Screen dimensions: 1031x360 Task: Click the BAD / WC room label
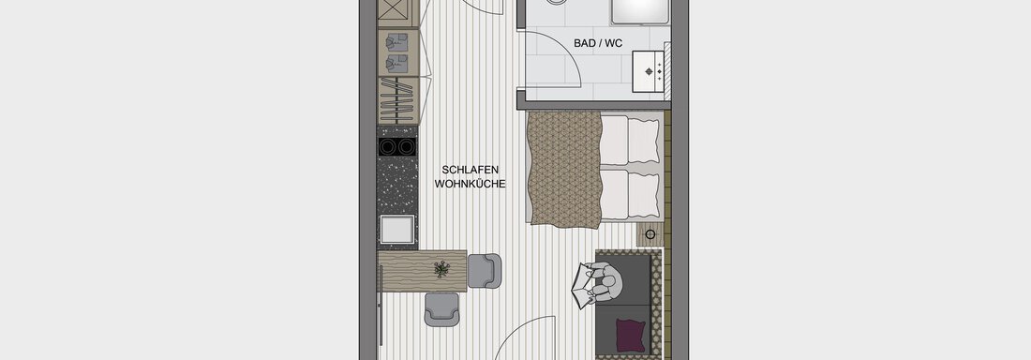pos(598,43)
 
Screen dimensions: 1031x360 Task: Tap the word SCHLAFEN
pos(471,171)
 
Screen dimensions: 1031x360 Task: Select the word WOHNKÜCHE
pos(471,185)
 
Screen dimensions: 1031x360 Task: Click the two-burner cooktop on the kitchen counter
pos(397,147)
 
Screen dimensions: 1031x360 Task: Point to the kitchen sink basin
pos(397,229)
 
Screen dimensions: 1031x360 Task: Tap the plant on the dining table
pos(442,268)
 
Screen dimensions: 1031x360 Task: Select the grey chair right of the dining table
pos(485,271)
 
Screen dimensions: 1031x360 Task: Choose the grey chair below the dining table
pos(441,308)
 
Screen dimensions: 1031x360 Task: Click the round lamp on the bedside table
pos(650,234)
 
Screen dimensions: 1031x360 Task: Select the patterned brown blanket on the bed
pos(565,167)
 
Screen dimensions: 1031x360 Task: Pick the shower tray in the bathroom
pos(640,12)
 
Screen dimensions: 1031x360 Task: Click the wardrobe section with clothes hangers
pos(398,100)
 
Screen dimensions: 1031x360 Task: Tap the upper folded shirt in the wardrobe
pos(396,43)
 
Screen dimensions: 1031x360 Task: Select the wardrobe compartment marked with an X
pos(398,13)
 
